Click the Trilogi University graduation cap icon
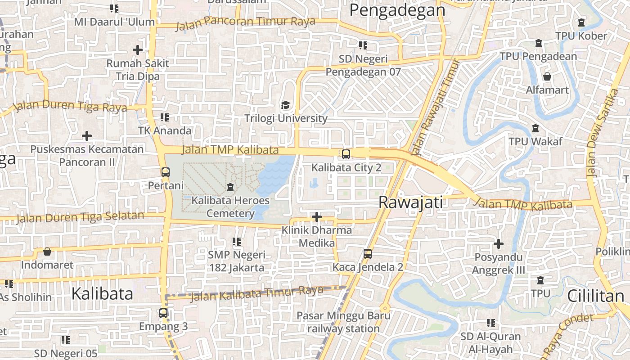pyautogui.click(x=285, y=105)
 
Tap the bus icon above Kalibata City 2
pyautogui.click(x=346, y=154)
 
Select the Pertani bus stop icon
pyautogui.click(x=165, y=172)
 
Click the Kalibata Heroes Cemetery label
pyautogui.click(x=230, y=207)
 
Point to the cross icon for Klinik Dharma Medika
pyautogui.click(x=317, y=217)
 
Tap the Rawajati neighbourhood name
pyautogui.click(x=410, y=202)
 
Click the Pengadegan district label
pyautogui.click(x=397, y=10)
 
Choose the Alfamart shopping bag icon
pyautogui.click(x=547, y=76)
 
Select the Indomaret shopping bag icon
pyautogui.click(x=47, y=252)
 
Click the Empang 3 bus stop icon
pyautogui.click(x=163, y=313)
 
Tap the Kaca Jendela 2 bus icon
pyautogui.click(x=368, y=254)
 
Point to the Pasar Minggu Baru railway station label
pyautogui.click(x=343, y=322)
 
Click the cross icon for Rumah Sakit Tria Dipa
pyautogui.click(x=138, y=50)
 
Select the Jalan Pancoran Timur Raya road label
pyautogui.click(x=245, y=22)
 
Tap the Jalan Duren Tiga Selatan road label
pyautogui.click(x=80, y=217)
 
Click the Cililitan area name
pyautogui.click(x=595, y=296)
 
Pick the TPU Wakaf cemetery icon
pyautogui.click(x=535, y=129)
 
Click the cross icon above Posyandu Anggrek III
pyautogui.click(x=498, y=244)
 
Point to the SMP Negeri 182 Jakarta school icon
pyautogui.click(x=237, y=242)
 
